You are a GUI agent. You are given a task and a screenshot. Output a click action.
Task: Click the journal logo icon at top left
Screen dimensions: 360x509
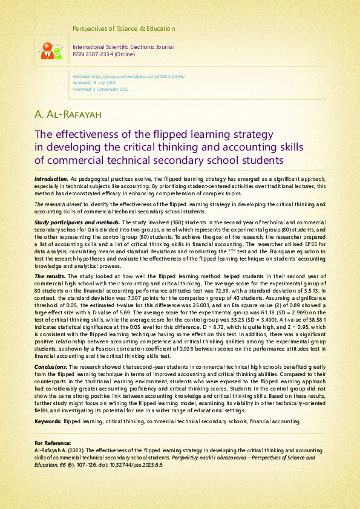click(x=51, y=50)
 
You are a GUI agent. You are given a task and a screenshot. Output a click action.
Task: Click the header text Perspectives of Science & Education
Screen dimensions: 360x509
click(x=123, y=28)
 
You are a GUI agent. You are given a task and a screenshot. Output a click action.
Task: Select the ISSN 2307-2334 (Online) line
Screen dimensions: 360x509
click(x=103, y=54)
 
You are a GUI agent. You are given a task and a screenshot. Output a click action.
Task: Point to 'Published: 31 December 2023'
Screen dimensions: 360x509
click(x=100, y=89)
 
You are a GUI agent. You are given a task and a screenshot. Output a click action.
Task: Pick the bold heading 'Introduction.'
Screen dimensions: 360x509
click(x=51, y=180)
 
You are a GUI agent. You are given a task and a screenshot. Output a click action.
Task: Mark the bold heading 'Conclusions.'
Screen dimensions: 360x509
click(x=51, y=366)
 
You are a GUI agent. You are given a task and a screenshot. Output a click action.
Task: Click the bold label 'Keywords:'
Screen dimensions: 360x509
click(x=48, y=420)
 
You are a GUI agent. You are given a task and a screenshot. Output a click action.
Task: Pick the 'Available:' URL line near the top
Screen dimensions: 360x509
click(x=128, y=77)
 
